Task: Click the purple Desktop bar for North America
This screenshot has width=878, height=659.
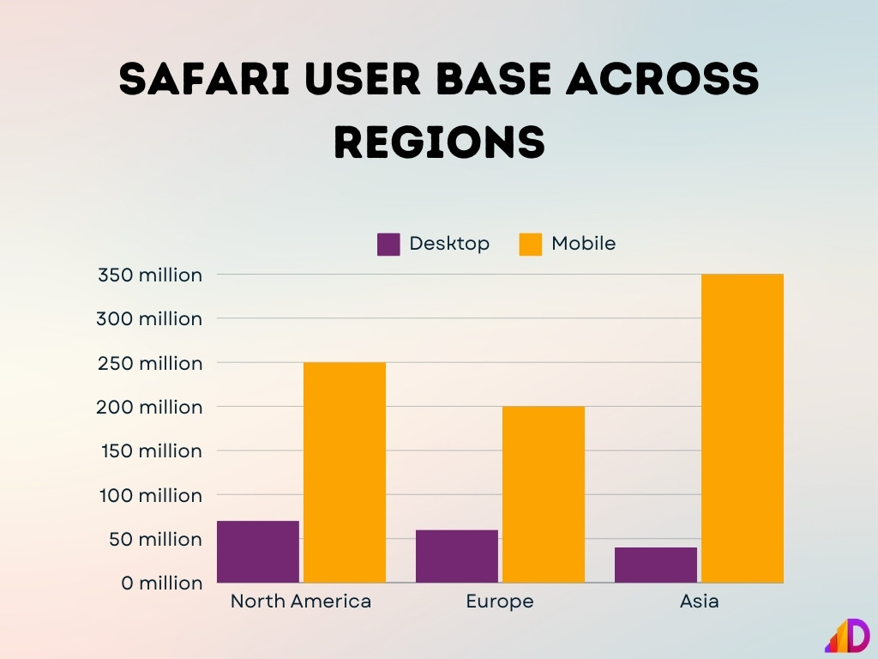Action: click(x=258, y=552)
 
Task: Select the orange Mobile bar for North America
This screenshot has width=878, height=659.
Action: click(x=345, y=473)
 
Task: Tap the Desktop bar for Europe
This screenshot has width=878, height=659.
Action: click(x=457, y=556)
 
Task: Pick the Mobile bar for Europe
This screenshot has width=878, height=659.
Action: click(x=544, y=494)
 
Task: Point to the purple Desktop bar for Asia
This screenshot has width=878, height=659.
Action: click(x=656, y=565)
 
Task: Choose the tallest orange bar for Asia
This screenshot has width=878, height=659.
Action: click(x=743, y=428)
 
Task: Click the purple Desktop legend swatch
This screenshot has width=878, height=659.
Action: click(x=388, y=245)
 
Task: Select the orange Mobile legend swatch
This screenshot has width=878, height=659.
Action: click(x=531, y=245)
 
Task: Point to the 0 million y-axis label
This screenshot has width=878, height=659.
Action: click(x=162, y=583)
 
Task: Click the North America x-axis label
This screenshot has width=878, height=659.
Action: click(x=301, y=602)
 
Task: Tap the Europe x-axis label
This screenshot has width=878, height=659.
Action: click(x=500, y=602)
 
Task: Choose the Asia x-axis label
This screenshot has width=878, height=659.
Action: click(x=700, y=602)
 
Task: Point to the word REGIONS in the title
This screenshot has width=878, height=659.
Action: click(x=439, y=142)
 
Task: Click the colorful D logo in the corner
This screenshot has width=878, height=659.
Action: click(x=848, y=636)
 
